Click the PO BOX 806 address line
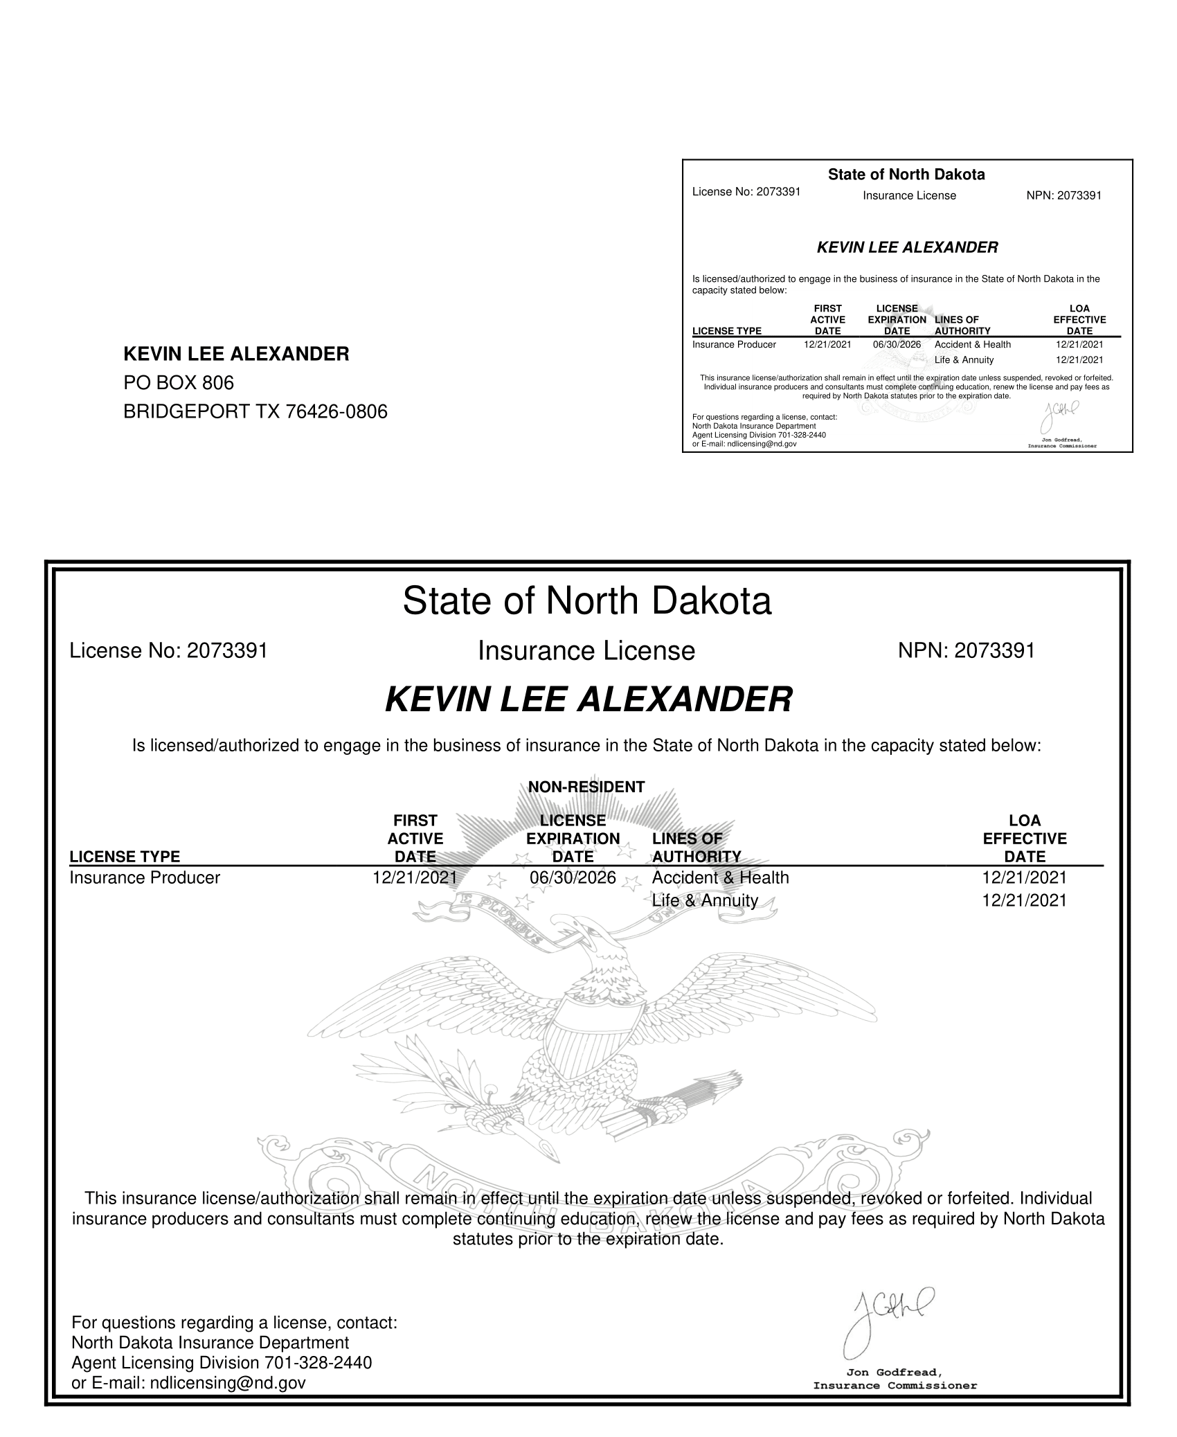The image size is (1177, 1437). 179,382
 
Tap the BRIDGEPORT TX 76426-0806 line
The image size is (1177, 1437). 255,412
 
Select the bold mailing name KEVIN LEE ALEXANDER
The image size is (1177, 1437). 236,354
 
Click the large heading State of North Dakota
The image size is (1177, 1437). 586,600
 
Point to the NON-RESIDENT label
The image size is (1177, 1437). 586,787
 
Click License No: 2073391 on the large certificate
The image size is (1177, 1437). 168,651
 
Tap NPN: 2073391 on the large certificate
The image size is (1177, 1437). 966,651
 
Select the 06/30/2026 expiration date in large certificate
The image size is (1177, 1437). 573,877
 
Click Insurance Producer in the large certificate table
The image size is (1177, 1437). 145,877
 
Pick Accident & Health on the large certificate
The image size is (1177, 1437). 720,877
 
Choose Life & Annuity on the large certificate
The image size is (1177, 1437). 705,900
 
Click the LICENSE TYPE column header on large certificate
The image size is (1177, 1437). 125,857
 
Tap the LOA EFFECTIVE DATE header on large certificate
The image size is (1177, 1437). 1025,839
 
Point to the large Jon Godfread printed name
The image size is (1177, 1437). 894,1372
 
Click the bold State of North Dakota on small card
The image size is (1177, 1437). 906,175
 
